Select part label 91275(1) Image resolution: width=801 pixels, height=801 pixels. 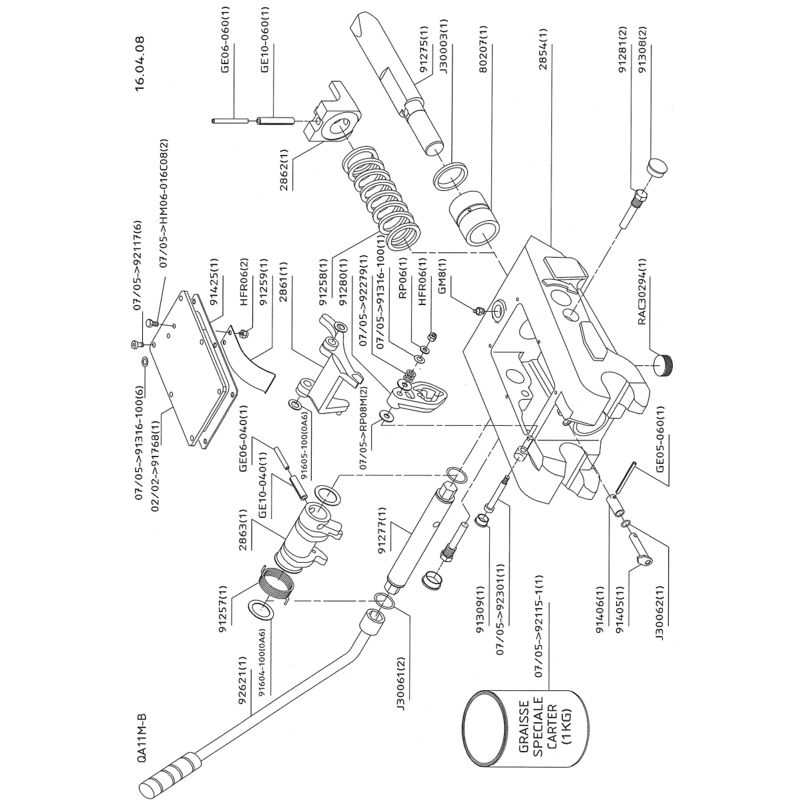[x=423, y=51]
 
